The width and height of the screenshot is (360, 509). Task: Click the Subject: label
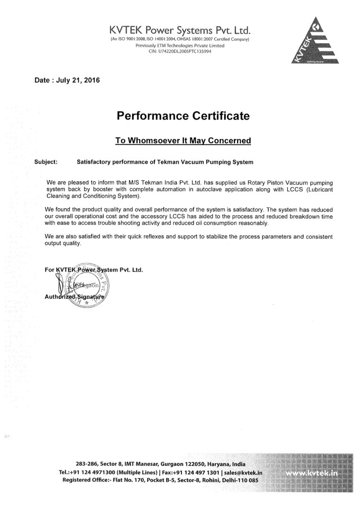point(46,163)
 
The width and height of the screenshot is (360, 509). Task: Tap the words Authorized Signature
point(75,297)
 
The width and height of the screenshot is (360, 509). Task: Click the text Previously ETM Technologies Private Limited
point(180,45)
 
